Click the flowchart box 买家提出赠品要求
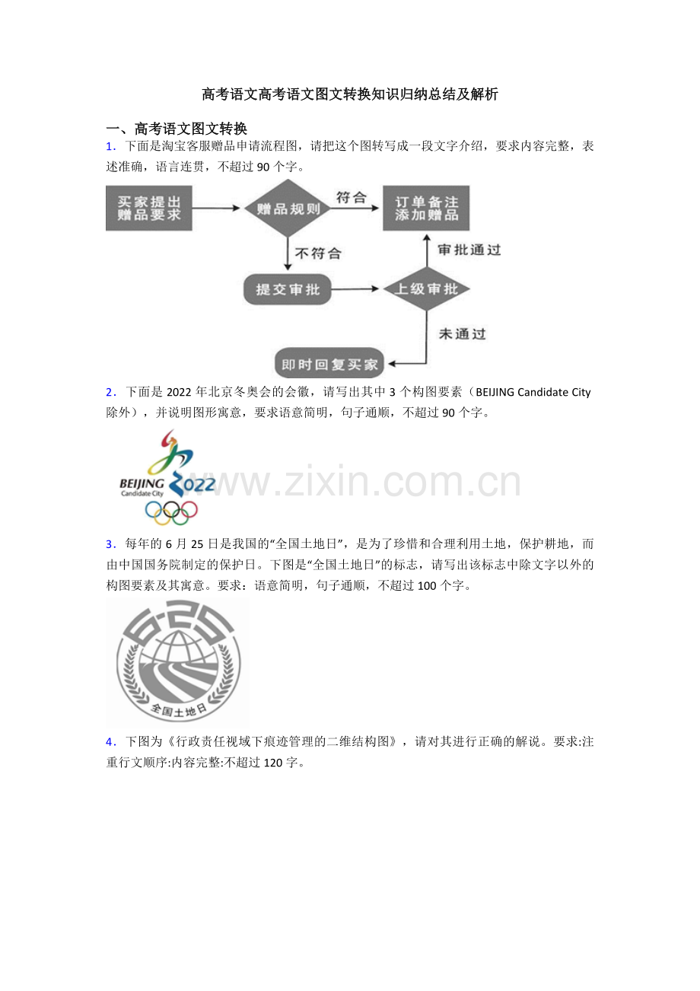click(x=149, y=208)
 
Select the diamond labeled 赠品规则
click(x=288, y=208)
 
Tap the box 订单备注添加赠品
click(x=426, y=208)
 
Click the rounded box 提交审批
click(x=288, y=289)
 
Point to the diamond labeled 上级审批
click(x=426, y=289)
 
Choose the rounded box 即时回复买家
click(x=329, y=364)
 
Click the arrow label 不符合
click(x=318, y=253)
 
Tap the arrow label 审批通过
click(x=469, y=250)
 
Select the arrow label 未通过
click(x=462, y=333)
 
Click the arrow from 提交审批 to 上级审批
click(x=355, y=289)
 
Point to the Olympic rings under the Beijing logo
click(x=171, y=512)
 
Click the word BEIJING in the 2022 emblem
click(x=142, y=483)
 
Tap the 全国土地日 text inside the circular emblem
click(x=179, y=710)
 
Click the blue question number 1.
click(x=111, y=146)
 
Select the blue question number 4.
click(x=111, y=742)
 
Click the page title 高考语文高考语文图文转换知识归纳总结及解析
click(x=350, y=94)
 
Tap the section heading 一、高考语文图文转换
click(x=177, y=129)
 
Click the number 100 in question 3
click(x=427, y=586)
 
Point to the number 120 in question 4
click(x=273, y=763)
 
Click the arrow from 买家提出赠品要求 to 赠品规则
click(x=216, y=208)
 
